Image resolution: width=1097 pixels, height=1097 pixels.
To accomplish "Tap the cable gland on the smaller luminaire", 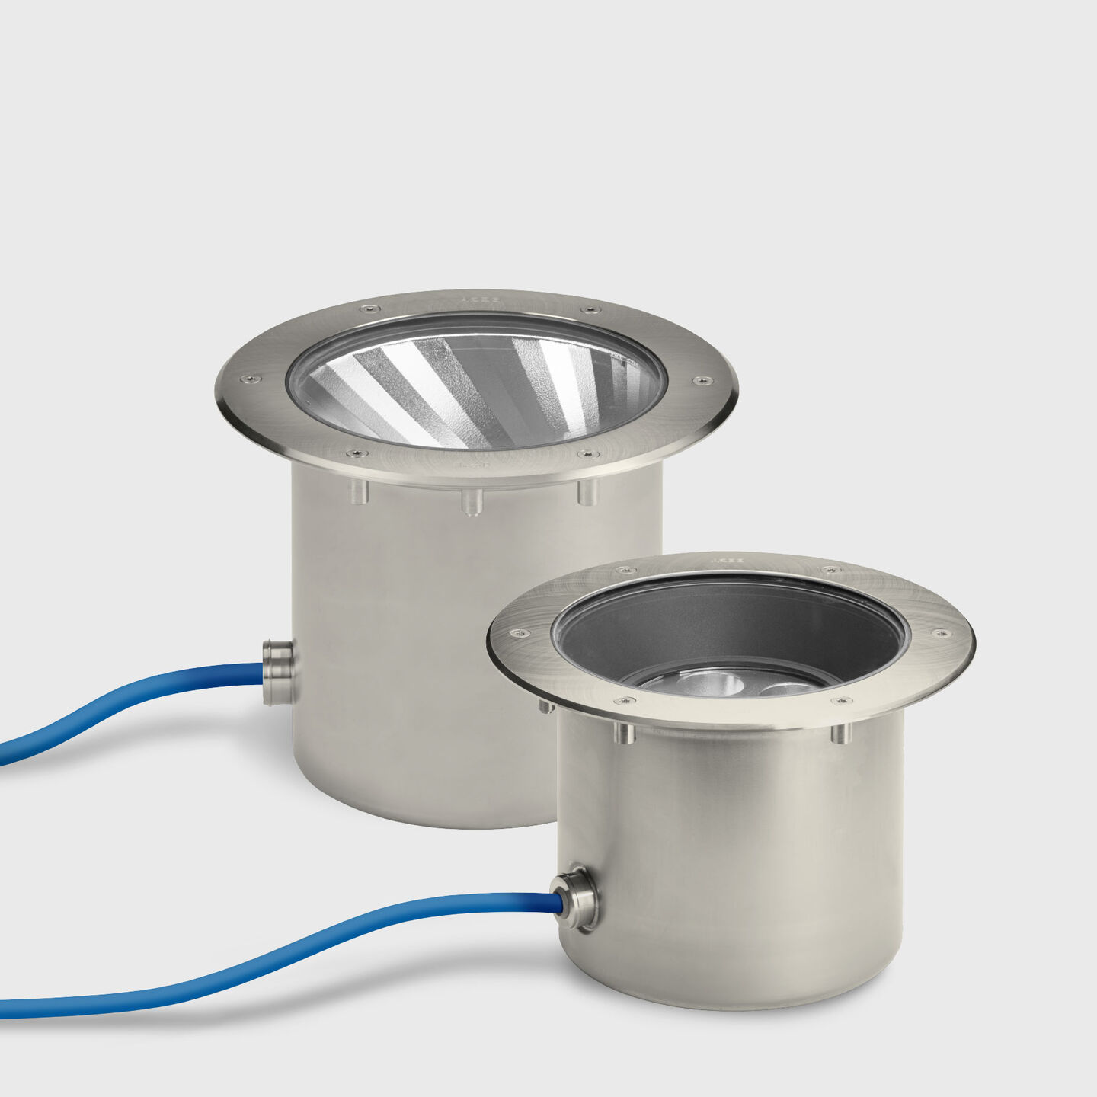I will tap(577, 899).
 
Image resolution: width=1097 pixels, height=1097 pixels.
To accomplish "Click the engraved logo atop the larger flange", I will tap(479, 299).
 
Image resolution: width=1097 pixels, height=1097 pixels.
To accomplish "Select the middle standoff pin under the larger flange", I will tap(472, 502).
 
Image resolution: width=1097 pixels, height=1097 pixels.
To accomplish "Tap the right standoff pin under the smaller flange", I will tap(840, 733).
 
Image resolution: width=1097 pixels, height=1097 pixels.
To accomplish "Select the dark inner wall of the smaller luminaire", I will tap(731, 625).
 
